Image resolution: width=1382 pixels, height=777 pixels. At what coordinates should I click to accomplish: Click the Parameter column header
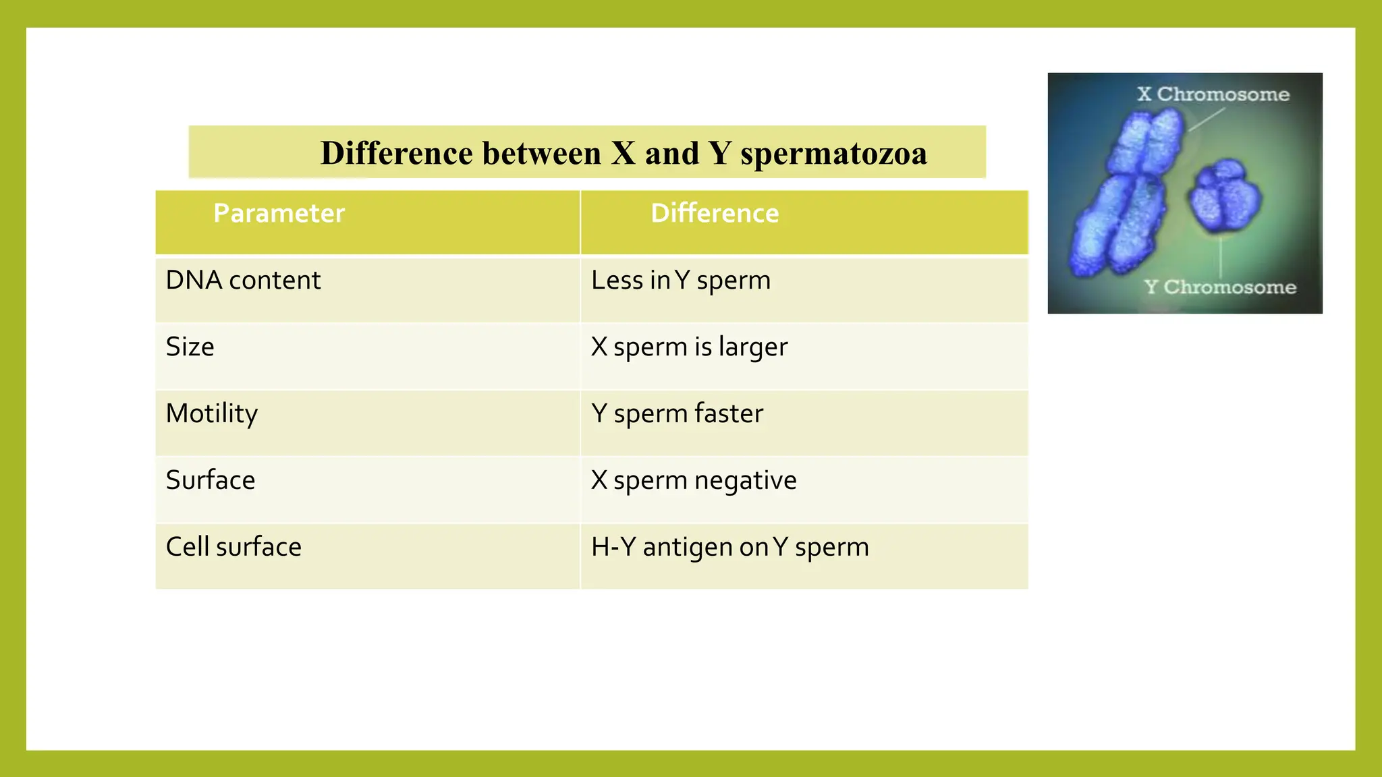[279, 214]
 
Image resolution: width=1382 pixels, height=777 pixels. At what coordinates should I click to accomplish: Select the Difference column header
[715, 214]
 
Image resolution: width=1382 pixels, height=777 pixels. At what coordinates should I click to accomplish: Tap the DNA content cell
[243, 281]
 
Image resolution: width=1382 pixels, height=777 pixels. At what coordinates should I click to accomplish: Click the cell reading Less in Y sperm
[680, 281]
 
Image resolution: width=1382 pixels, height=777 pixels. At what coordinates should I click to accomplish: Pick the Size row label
[190, 347]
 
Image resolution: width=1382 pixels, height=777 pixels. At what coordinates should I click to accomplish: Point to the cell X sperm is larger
[689, 347]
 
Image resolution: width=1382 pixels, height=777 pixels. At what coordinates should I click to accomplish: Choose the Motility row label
[211, 414]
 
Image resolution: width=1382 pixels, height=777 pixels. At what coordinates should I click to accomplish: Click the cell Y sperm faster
[677, 414]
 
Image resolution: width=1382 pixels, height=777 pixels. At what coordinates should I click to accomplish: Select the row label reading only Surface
[211, 480]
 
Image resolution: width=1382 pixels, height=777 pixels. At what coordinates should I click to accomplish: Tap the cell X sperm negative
[694, 480]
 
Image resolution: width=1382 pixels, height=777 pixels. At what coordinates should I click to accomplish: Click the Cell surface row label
[233, 547]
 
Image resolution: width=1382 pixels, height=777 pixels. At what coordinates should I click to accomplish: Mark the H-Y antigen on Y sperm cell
[729, 547]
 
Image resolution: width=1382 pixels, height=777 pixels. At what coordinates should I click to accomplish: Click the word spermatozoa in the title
[833, 154]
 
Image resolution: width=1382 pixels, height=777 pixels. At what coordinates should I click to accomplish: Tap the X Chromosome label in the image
[1213, 94]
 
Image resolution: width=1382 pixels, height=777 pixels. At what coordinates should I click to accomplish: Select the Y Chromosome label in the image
[1220, 287]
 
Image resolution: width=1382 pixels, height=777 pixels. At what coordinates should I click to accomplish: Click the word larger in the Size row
[752, 347]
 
